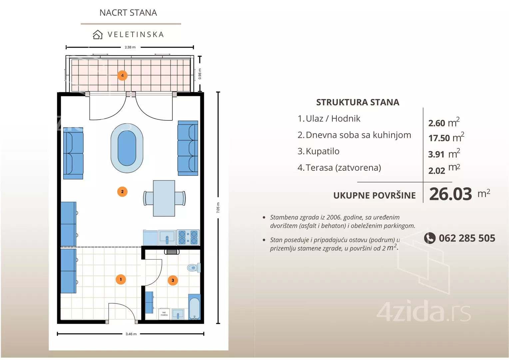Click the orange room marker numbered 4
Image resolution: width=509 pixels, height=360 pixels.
[x=122, y=75]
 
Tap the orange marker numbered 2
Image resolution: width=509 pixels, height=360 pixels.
[x=122, y=192]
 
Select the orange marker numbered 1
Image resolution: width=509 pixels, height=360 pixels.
[x=121, y=279]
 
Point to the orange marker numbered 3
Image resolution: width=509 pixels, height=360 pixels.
[x=173, y=280]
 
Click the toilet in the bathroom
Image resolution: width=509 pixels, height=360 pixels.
[x=194, y=267]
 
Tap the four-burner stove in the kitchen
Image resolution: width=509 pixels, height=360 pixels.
[x=188, y=237]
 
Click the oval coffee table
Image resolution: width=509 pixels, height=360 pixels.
[x=127, y=148]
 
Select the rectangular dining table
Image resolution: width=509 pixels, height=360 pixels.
[x=164, y=198]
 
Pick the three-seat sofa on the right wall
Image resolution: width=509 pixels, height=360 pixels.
[x=188, y=148]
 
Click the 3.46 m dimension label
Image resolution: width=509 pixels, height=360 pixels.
[x=131, y=334]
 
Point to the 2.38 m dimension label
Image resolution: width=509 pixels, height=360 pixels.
[x=130, y=47]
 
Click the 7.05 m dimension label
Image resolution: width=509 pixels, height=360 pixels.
[x=218, y=208]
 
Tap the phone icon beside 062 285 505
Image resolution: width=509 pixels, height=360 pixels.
[x=430, y=238]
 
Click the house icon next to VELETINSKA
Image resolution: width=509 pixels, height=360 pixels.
[x=98, y=35]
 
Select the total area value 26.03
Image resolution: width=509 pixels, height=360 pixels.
[x=450, y=194]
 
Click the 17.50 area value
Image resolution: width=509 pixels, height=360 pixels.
[x=439, y=138]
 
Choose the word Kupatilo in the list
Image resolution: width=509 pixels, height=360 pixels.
[x=322, y=151]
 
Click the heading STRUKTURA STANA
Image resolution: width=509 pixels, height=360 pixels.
[x=357, y=102]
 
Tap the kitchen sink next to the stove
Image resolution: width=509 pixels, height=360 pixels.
[x=167, y=238]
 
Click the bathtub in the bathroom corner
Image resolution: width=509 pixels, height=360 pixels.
[x=195, y=307]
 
